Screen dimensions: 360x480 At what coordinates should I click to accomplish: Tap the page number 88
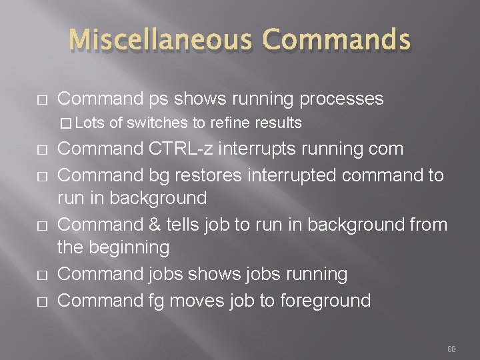[451, 349]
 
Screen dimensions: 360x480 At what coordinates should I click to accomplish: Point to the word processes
[341, 99]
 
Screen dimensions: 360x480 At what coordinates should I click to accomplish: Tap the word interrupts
[264, 148]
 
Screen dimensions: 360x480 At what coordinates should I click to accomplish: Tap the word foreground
[325, 300]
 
